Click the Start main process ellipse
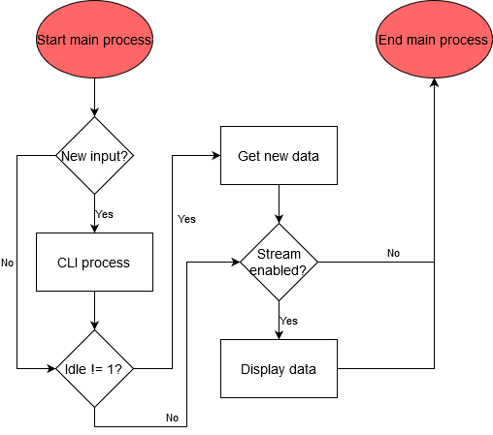coord(94,41)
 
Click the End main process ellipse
coord(434,41)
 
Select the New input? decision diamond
coord(94,156)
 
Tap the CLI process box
coord(94,262)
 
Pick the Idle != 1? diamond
coord(94,368)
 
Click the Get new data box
coord(279,156)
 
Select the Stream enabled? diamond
coord(279,262)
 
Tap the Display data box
coord(279,368)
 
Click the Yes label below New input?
coord(104,213)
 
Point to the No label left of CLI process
coord(8,263)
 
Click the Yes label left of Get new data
coord(186,219)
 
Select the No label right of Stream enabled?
coord(393,253)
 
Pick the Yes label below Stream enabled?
coord(289,320)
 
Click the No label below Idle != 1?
coord(172,418)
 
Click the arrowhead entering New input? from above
coord(94,112)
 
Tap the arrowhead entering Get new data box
coord(216,156)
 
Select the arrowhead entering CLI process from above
coord(94,228)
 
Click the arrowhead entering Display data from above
coord(279,334)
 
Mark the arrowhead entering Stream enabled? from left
coord(236,262)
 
